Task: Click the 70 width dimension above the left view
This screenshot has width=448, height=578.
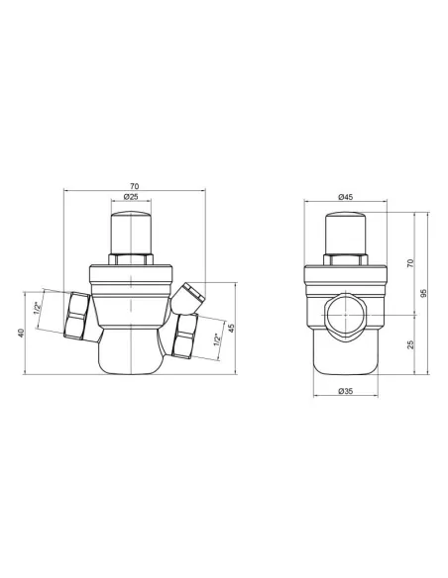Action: (x=135, y=186)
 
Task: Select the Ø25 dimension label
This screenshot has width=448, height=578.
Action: (x=131, y=197)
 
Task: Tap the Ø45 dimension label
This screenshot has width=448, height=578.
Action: (x=345, y=197)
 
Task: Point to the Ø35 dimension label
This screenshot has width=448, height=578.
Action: (x=345, y=391)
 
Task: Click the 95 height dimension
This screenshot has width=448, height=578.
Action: (x=423, y=293)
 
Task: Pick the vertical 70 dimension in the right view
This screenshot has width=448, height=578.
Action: (x=410, y=263)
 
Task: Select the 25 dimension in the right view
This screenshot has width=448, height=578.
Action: (x=410, y=344)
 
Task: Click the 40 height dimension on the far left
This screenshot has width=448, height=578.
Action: (x=21, y=333)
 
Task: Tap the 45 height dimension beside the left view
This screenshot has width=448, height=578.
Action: (x=231, y=328)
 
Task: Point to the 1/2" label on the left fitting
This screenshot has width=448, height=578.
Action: (x=37, y=308)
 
